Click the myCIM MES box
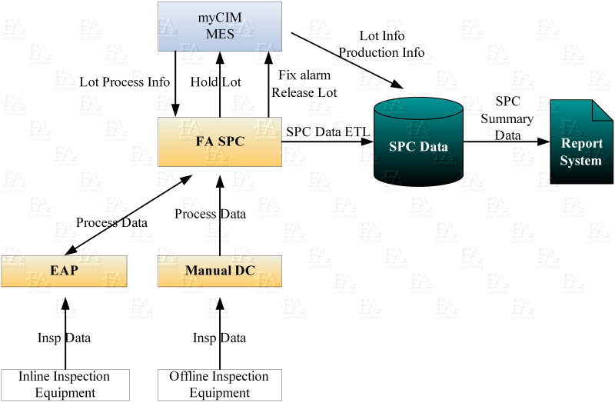pos(220,26)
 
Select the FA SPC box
pos(220,142)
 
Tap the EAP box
pos(64,271)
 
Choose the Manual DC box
pos(220,271)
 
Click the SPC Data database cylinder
pos(418,142)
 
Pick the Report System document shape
pos(581,142)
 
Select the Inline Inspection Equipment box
pos(65,385)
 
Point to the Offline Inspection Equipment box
pos(220,385)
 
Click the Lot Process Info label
pos(125,82)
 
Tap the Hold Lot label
pos(216,82)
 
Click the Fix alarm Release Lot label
pos(304,84)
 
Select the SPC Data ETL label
pos(328,132)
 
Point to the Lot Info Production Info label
pos(381,44)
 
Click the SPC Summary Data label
pos(507,118)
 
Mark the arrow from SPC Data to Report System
pos(507,142)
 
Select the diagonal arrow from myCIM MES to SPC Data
pos(347,61)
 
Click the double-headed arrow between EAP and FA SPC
pos(128,215)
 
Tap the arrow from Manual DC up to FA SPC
pos(220,215)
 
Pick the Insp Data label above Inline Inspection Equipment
pos(64,338)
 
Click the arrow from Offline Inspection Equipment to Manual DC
pos(220,333)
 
